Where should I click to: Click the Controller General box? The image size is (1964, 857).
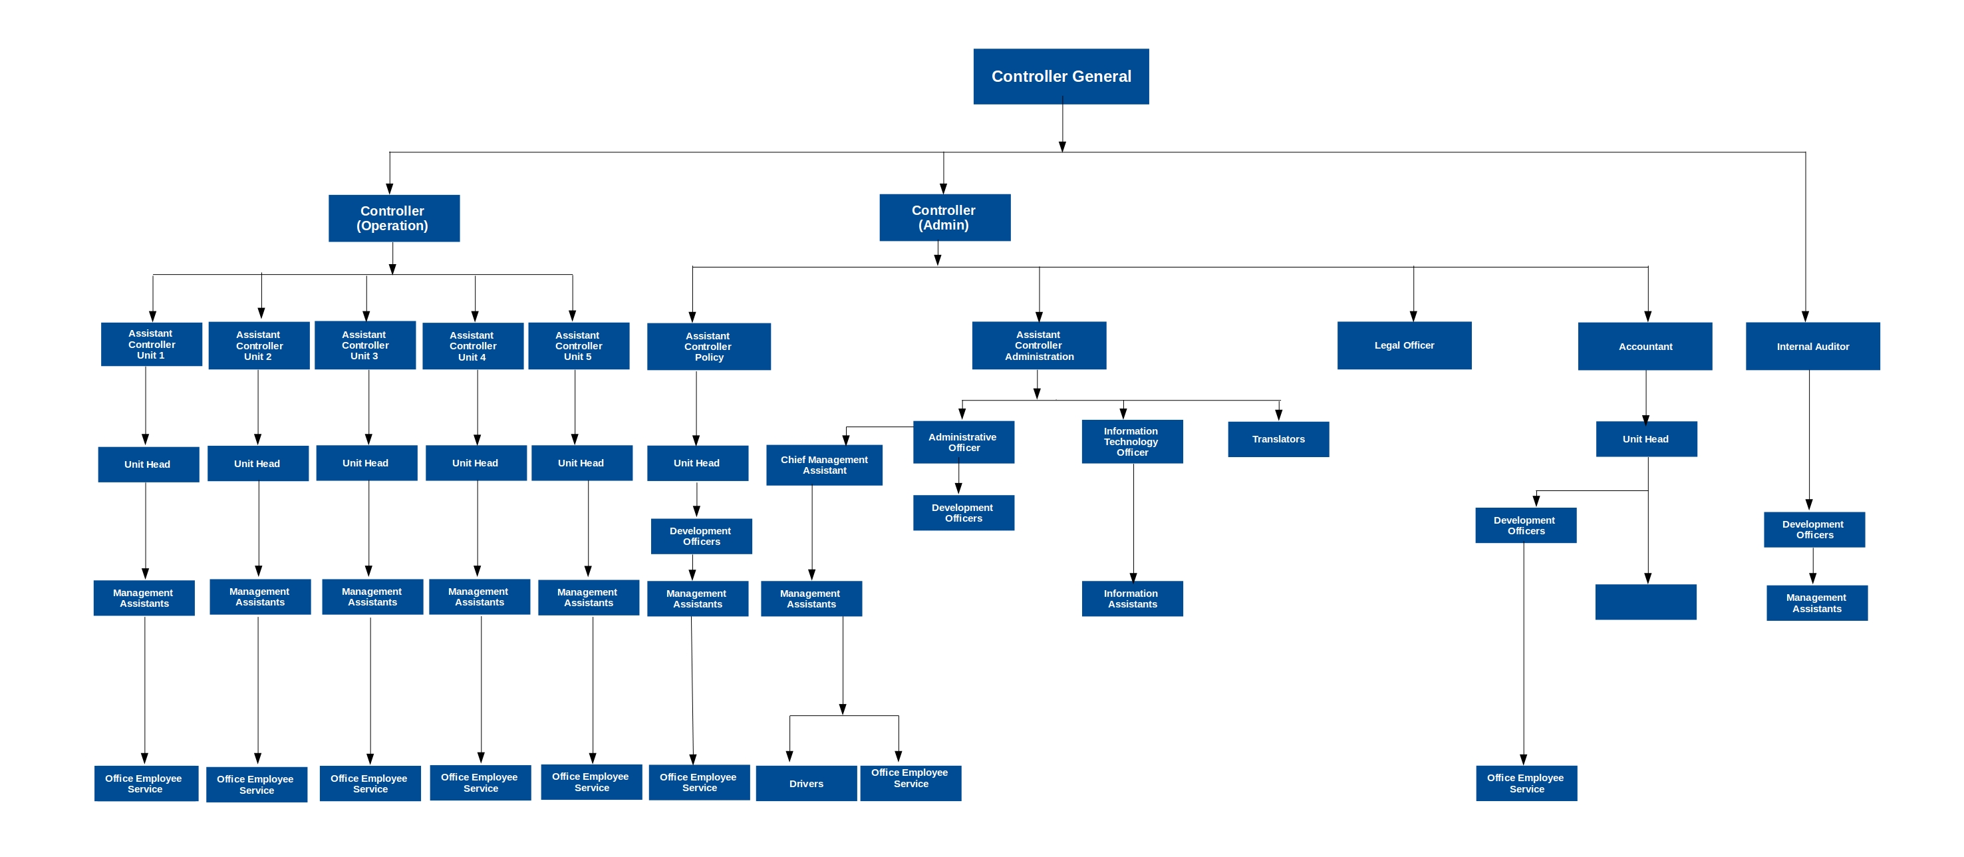point(1061,77)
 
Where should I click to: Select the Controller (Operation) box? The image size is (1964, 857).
point(394,218)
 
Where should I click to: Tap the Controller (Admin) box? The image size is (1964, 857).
point(944,218)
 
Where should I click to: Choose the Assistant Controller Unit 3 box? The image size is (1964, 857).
point(365,345)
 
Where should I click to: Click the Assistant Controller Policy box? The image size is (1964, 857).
point(708,346)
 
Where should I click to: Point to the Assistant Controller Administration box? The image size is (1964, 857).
point(1038,345)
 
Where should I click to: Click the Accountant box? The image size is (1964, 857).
point(1645,346)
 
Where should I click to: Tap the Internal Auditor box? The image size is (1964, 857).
point(1812,346)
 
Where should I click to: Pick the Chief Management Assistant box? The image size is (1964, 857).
point(824,465)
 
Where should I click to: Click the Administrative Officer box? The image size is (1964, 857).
point(964,442)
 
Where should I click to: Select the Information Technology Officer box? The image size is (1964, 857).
point(1132,441)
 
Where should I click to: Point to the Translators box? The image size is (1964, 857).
point(1278,439)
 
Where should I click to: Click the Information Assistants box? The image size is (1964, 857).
point(1132,599)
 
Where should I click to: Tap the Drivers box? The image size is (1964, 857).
point(806,784)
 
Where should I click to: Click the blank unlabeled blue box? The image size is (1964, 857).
point(1645,602)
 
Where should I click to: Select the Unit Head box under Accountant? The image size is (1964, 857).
point(1646,439)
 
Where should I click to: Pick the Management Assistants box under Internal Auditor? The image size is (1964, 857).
point(1817,603)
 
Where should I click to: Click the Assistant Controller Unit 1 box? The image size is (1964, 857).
point(151,345)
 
